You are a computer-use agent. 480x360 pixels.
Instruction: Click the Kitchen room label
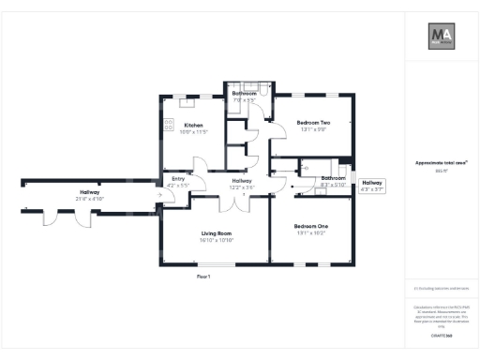pyautogui.click(x=194, y=125)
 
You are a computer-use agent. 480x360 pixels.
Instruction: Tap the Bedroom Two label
pyautogui.click(x=313, y=123)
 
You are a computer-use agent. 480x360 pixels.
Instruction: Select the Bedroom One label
pyautogui.click(x=311, y=227)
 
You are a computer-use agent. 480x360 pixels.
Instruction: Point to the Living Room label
pyautogui.click(x=217, y=232)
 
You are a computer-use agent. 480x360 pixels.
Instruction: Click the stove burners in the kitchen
pyautogui.click(x=170, y=124)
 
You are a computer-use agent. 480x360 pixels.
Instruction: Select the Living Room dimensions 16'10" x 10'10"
pyautogui.click(x=217, y=240)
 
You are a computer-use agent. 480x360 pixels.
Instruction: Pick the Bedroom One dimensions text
pyautogui.click(x=311, y=234)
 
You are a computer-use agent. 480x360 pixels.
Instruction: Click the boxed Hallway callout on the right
pyautogui.click(x=373, y=186)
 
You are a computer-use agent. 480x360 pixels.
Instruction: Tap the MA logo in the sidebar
pyautogui.click(x=442, y=37)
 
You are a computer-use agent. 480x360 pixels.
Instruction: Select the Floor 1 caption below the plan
pyautogui.click(x=203, y=277)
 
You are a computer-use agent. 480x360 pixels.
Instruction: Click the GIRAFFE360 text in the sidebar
pyautogui.click(x=442, y=335)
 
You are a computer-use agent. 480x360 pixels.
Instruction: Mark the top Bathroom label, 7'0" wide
pyautogui.click(x=245, y=94)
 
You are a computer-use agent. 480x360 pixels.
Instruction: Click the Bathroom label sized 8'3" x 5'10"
pyautogui.click(x=333, y=178)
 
